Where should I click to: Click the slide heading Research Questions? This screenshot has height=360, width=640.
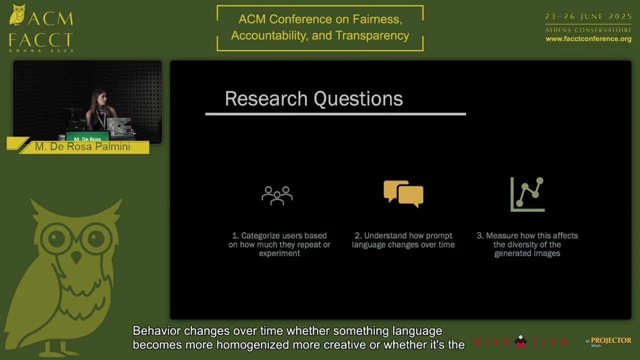click(313, 99)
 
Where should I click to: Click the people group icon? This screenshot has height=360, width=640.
click(277, 195)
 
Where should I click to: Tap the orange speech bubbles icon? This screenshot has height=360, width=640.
click(403, 194)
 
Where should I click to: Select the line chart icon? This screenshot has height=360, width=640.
click(527, 194)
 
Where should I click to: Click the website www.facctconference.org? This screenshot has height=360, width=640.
click(588, 39)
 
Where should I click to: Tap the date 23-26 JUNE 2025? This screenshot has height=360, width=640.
click(588, 16)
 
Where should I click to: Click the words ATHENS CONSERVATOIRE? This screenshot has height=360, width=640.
click(588, 30)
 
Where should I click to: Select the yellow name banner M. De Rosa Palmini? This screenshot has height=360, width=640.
click(82, 147)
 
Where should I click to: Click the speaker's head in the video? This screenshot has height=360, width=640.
click(98, 98)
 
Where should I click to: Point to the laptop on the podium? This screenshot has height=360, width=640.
click(119, 126)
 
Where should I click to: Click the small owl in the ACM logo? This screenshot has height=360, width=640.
click(17, 14)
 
